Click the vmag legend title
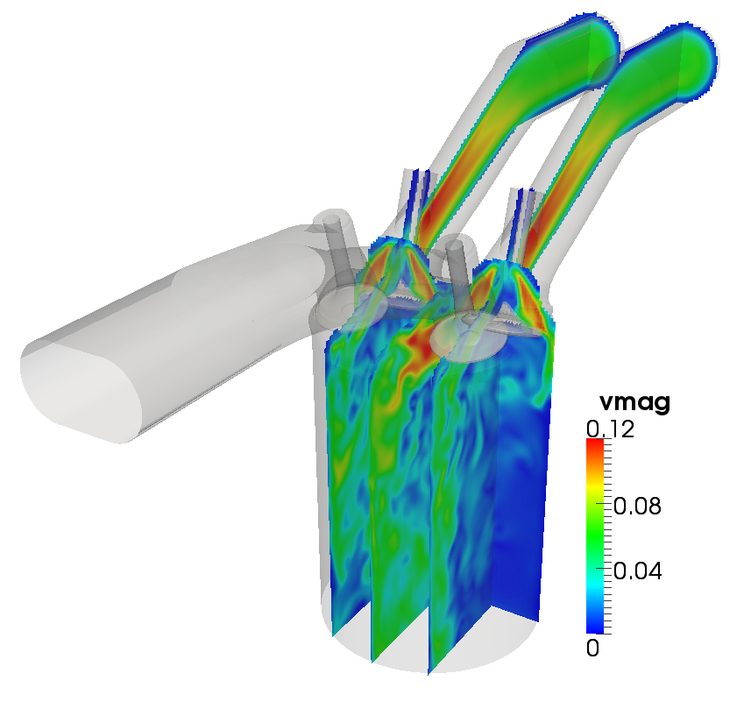pyautogui.click(x=634, y=403)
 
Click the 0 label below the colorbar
pyautogui.click(x=593, y=649)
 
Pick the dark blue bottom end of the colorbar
pyautogui.click(x=595, y=626)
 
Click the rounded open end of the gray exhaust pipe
pyautogui.click(x=83, y=391)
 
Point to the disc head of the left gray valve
pyautogui.click(x=349, y=303)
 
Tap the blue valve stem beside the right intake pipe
pyautogui.click(x=523, y=215)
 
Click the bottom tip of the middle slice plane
pyautogui.click(x=430, y=670)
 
